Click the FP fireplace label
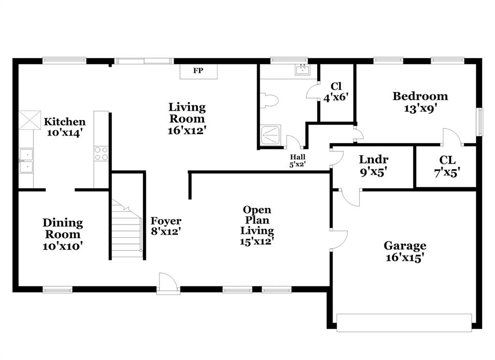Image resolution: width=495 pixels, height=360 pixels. click(x=198, y=71)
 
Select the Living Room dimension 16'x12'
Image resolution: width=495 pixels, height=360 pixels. click(x=187, y=130)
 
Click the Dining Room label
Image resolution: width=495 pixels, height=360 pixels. click(x=63, y=223)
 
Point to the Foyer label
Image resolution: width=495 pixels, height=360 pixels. click(x=166, y=221)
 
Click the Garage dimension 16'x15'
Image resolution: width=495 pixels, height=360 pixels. click(x=405, y=257)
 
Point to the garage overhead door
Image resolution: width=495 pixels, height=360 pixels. click(x=404, y=323)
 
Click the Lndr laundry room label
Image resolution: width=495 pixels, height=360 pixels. click(x=374, y=160)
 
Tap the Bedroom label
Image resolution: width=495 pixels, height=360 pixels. click(x=420, y=96)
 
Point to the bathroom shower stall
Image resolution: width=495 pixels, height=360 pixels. click(x=271, y=135)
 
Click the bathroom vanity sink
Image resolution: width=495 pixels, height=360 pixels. click(x=303, y=71)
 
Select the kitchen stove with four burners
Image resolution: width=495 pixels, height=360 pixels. click(x=102, y=154)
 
